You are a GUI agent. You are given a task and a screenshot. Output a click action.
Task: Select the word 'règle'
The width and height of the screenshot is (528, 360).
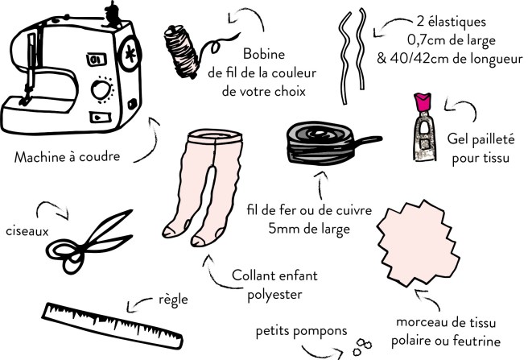click(x=172, y=300)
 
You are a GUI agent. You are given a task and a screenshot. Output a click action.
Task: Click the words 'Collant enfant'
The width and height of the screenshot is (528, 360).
click(x=262, y=276)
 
